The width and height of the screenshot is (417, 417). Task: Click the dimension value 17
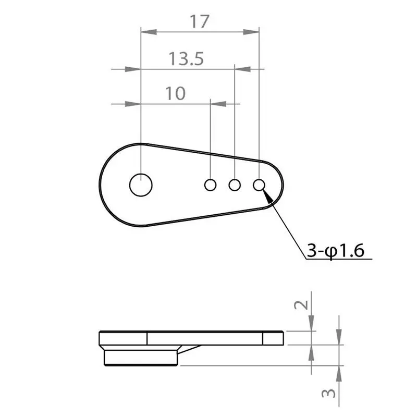[200, 22]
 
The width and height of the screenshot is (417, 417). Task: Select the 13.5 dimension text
[186, 58]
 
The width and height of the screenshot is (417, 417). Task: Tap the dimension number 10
[176, 93]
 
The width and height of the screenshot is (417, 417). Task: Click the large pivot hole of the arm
[141, 185]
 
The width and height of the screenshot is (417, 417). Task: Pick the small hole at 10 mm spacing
[211, 185]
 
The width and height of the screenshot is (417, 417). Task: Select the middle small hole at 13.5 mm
[235, 185]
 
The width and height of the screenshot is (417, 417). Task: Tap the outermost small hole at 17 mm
[259, 185]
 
